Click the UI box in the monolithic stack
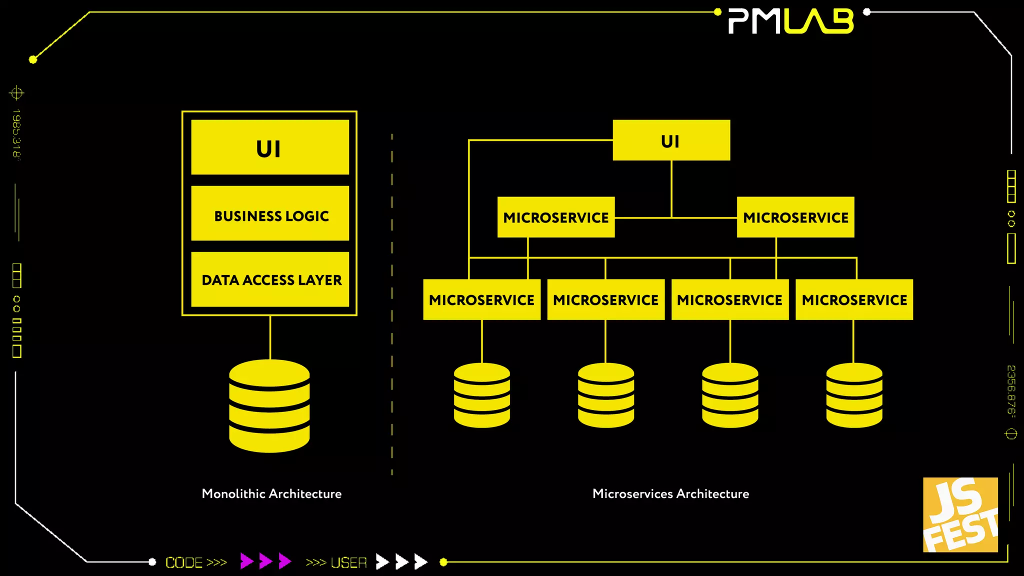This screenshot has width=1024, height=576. pyautogui.click(x=270, y=147)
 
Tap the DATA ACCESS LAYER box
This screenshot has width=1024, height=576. pyautogui.click(x=270, y=279)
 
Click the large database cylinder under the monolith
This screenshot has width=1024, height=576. pyautogui.click(x=269, y=406)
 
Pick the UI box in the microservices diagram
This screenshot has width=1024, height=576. pyautogui.click(x=671, y=140)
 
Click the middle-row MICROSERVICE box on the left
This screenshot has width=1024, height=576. pyautogui.click(x=556, y=217)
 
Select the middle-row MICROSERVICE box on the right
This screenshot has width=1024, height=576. pyautogui.click(x=795, y=217)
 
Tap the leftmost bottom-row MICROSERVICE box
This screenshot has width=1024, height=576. pyautogui.click(x=481, y=299)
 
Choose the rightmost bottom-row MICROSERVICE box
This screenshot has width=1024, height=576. pyautogui.click(x=854, y=299)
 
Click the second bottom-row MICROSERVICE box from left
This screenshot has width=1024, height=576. pyautogui.click(x=605, y=299)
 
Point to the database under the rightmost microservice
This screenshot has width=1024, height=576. pyautogui.click(x=854, y=395)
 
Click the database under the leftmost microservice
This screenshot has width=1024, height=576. pyautogui.click(x=482, y=395)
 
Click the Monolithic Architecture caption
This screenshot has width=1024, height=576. pyautogui.click(x=271, y=493)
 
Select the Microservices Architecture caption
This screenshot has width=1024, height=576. pyautogui.click(x=670, y=493)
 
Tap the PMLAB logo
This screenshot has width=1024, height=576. pyautogui.click(x=791, y=21)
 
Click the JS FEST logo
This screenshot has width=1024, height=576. pyautogui.click(x=960, y=514)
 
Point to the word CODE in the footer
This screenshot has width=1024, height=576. pyautogui.click(x=184, y=562)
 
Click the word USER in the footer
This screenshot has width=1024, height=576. pyautogui.click(x=348, y=562)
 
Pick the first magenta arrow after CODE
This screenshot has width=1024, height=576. pyautogui.click(x=246, y=561)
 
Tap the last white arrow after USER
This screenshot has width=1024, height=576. pyautogui.click(x=421, y=561)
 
